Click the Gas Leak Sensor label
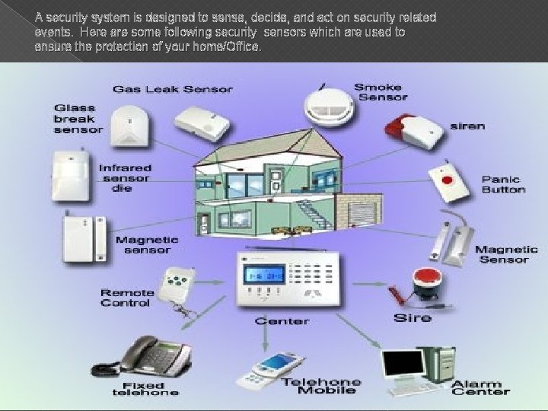click(x=173, y=89)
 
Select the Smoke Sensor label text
click(x=381, y=91)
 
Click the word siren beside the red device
click(x=466, y=126)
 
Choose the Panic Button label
click(x=503, y=184)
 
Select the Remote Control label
click(x=127, y=298)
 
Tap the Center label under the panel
click(x=282, y=320)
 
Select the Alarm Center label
click(x=480, y=387)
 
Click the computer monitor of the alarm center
click(x=403, y=368)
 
